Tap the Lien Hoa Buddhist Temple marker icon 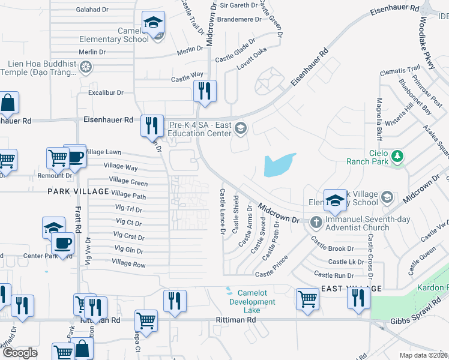[x=86, y=67]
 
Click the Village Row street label [x=128, y=264]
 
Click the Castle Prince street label [x=271, y=274]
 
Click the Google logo [x=20, y=353]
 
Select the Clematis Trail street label [x=400, y=71]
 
